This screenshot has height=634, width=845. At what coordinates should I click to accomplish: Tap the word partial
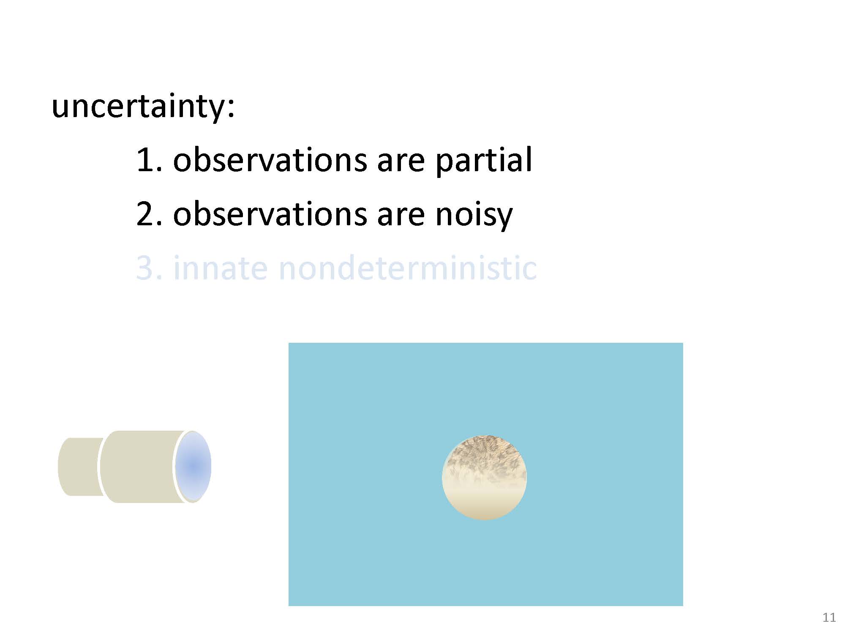(484, 161)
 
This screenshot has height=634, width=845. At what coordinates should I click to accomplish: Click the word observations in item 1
(270, 160)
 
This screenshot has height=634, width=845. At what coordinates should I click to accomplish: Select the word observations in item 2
(270, 214)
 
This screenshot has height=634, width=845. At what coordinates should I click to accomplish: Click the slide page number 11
(829, 618)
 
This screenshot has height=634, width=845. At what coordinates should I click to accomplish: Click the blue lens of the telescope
(193, 466)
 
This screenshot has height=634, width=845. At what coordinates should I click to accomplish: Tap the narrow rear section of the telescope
(80, 467)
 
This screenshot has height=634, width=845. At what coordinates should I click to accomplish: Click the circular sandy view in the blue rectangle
(485, 478)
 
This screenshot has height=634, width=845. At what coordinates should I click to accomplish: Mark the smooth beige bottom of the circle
(485, 505)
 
